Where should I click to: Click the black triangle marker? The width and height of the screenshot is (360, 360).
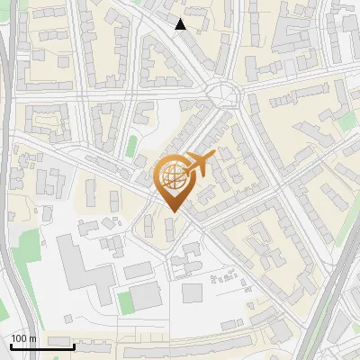[181, 24]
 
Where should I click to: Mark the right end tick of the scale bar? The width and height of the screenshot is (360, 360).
[74, 345]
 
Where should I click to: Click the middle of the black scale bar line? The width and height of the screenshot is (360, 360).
[41, 346]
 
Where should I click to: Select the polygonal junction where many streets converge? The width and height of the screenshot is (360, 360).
[222, 92]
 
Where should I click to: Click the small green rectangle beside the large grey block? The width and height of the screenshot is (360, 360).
[126, 301]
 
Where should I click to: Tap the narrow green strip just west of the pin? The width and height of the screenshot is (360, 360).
[132, 145]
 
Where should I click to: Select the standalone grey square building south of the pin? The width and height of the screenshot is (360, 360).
[193, 292]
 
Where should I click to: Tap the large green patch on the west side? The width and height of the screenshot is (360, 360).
[30, 247]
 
